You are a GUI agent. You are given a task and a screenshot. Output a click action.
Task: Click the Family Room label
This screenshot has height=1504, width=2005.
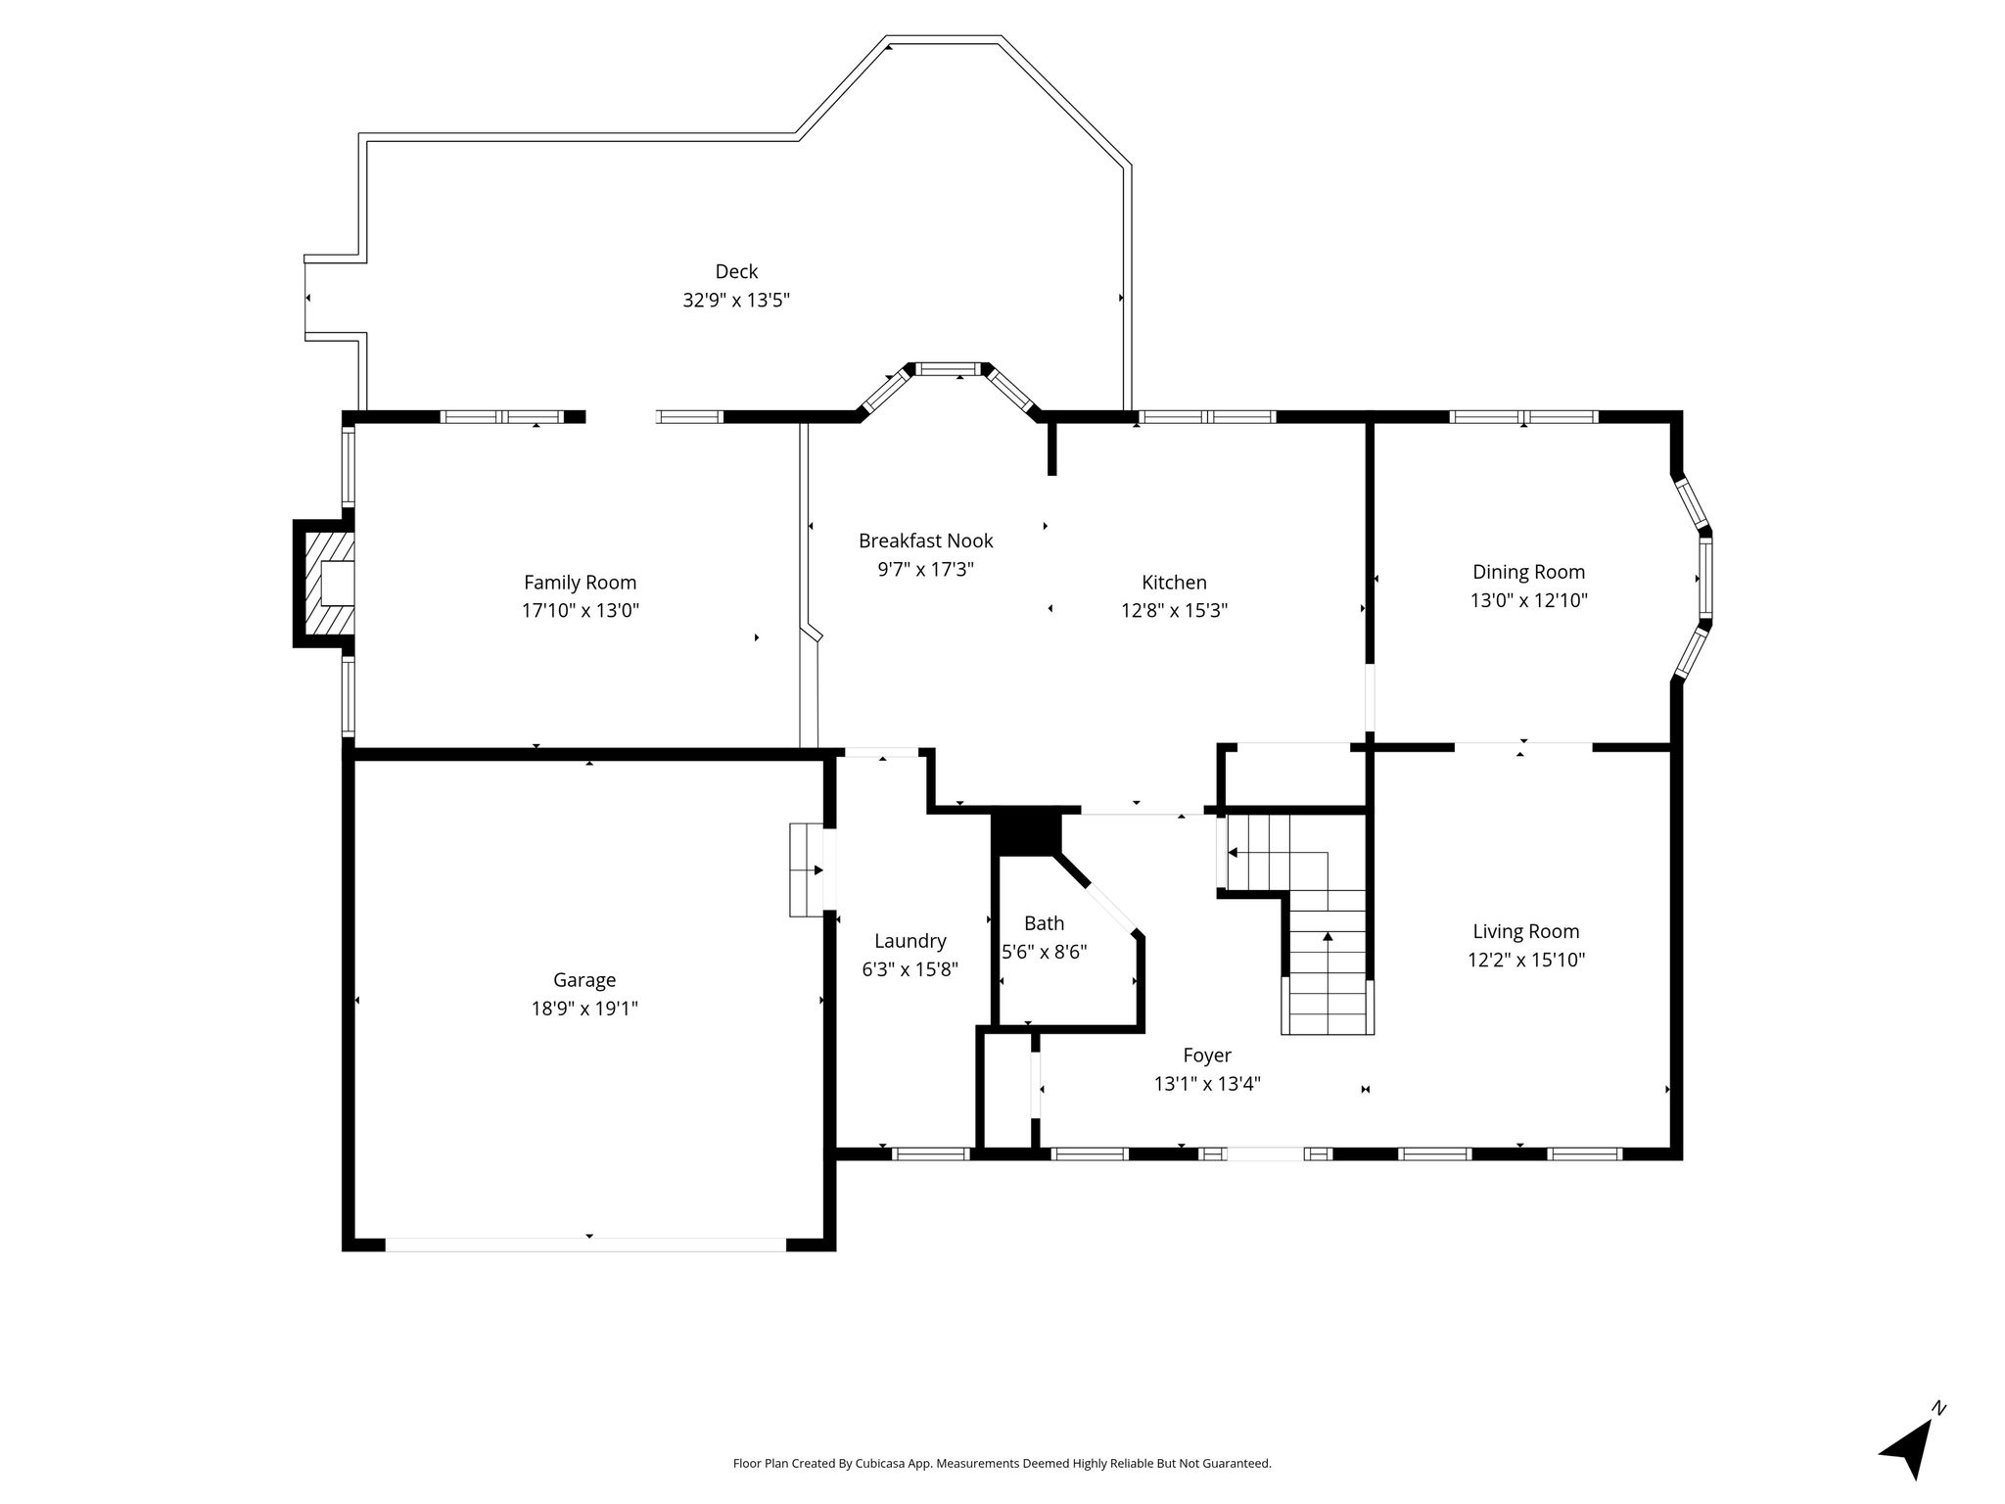click(x=580, y=583)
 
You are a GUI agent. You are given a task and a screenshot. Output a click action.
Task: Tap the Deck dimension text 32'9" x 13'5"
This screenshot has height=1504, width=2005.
click(x=736, y=300)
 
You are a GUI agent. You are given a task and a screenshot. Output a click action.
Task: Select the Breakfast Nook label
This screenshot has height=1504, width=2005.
click(x=925, y=540)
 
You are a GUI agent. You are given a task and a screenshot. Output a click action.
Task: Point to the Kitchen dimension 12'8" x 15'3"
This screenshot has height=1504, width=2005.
click(x=1174, y=611)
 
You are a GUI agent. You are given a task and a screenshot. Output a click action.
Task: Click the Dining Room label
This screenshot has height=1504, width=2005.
click(x=1528, y=572)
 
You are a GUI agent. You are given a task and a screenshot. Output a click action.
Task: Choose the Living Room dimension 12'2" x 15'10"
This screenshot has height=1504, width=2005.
click(x=1526, y=960)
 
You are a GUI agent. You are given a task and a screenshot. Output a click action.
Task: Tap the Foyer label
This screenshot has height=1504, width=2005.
click(x=1207, y=1056)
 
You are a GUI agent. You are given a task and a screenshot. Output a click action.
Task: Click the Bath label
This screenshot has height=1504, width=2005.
click(x=1044, y=923)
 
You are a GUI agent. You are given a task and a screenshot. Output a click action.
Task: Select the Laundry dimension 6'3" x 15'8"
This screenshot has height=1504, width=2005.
click(x=909, y=969)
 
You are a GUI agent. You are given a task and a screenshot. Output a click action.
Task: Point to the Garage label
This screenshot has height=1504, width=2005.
click(x=584, y=980)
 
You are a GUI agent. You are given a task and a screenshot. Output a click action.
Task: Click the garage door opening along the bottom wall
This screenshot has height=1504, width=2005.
click(x=585, y=1245)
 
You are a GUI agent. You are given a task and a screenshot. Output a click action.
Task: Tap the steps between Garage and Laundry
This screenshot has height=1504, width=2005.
click(x=807, y=869)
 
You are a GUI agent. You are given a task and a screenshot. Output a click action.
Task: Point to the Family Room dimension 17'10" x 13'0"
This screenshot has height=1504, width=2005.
click(x=580, y=611)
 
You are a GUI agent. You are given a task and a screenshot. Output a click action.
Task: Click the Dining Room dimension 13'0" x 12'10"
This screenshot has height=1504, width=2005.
click(x=1528, y=600)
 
